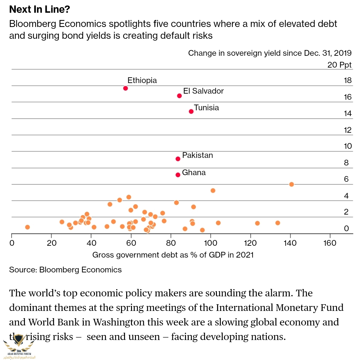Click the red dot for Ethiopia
(x=126, y=88)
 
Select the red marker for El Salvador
(x=179, y=96)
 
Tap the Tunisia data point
(x=191, y=112)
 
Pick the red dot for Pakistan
(x=178, y=159)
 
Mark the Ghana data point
(x=178, y=175)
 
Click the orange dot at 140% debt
(x=292, y=184)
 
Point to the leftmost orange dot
(x=28, y=227)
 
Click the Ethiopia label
(x=142, y=80)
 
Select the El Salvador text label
(x=203, y=91)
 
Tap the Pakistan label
(x=197, y=155)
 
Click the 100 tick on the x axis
(x=211, y=243)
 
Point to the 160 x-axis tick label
(x=330, y=243)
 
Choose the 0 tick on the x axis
(x=12, y=243)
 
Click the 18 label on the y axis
(x=348, y=80)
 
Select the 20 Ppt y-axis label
(x=339, y=65)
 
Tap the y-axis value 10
(x=348, y=146)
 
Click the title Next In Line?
(x=40, y=9)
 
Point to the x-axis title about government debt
(x=173, y=255)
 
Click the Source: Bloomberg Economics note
(x=66, y=270)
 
